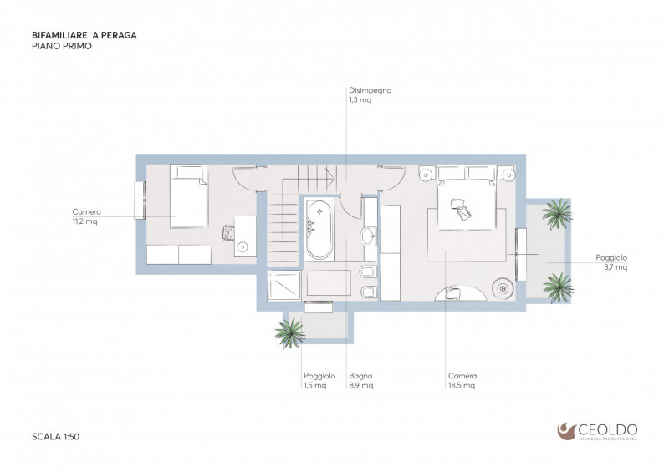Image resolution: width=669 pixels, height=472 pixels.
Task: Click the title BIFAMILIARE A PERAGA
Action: tap(84, 35)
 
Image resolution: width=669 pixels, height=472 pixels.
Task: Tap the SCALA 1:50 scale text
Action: tap(55, 437)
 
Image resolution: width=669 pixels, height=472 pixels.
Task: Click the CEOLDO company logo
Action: tap(597, 431)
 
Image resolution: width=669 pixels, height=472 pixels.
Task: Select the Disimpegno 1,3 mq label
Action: tap(370, 95)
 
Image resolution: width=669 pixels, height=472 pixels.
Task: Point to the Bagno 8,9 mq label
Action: tap(361, 380)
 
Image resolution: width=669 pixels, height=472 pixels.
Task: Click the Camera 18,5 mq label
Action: tap(462, 380)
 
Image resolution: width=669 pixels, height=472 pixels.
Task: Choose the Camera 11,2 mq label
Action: tap(86, 216)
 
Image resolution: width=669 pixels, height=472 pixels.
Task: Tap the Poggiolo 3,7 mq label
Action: tap(611, 262)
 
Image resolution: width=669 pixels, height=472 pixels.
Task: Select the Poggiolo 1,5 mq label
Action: tap(319, 380)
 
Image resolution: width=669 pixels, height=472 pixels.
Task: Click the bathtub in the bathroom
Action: tap(319, 230)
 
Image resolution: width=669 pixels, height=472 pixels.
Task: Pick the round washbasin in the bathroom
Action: tap(369, 236)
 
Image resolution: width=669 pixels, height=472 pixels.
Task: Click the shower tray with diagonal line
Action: tap(283, 286)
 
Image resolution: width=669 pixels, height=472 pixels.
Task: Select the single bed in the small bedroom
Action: tap(189, 196)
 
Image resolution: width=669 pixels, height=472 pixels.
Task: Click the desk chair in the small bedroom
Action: tap(228, 233)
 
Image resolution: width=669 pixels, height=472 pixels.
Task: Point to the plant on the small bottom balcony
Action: tap(289, 332)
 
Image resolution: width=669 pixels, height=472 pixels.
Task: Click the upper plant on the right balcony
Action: tap(557, 213)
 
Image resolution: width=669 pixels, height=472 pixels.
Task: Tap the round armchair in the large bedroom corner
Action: tap(503, 289)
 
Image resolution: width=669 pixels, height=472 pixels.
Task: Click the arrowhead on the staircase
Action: tap(330, 175)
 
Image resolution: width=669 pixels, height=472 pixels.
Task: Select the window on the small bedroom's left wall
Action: tap(140, 200)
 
